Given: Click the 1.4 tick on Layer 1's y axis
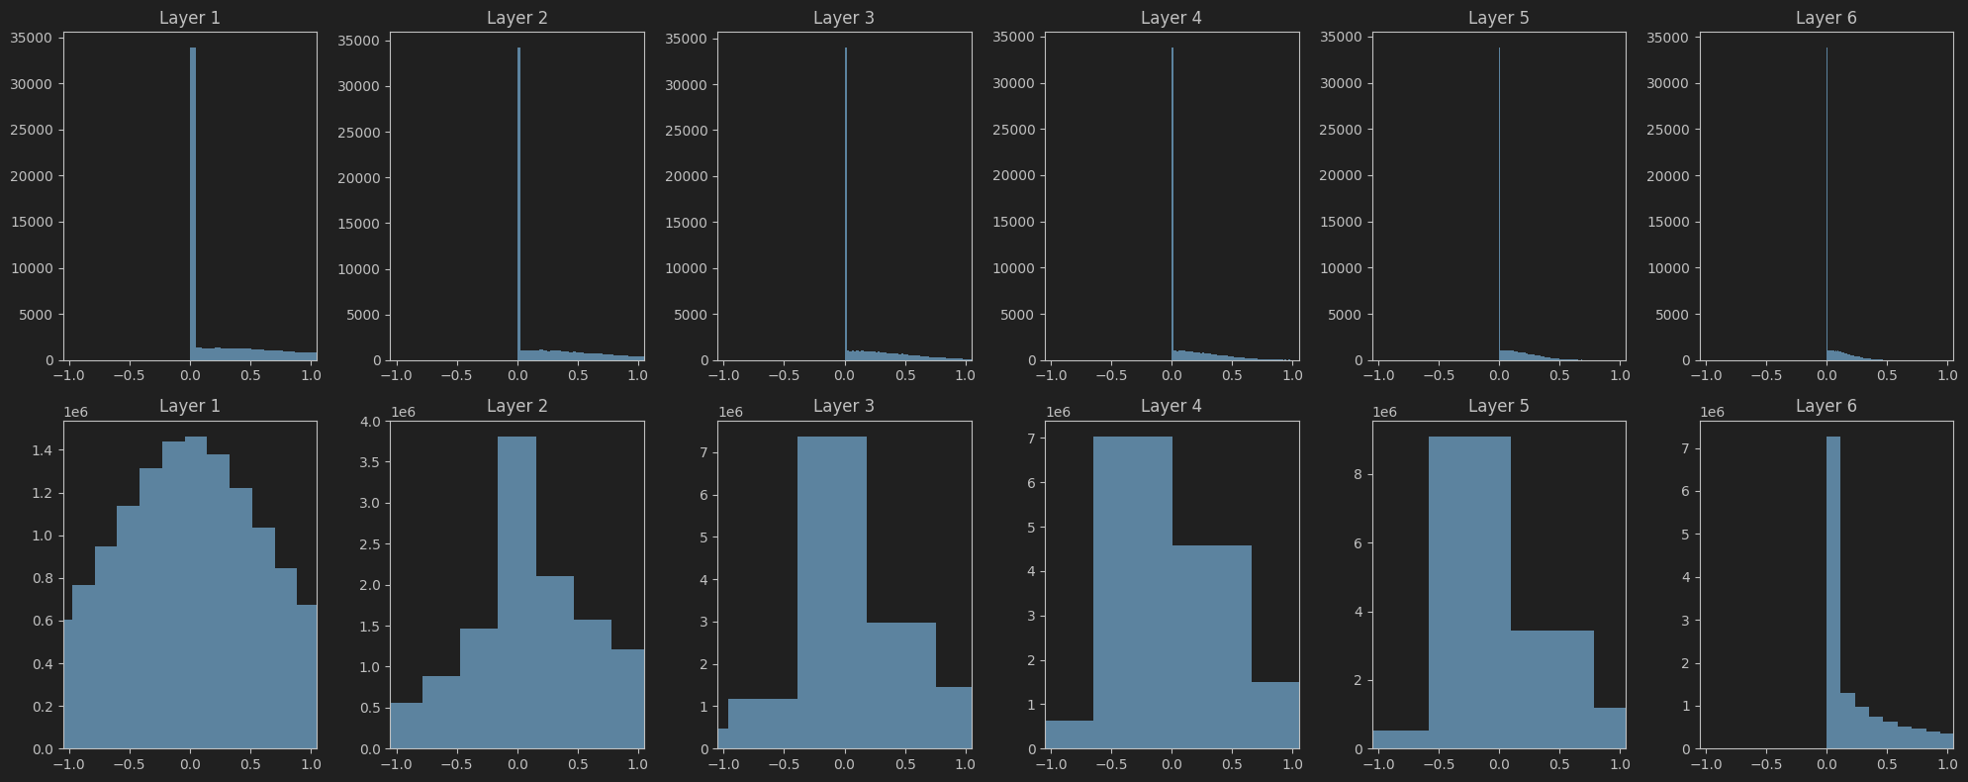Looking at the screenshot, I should [x=43, y=450].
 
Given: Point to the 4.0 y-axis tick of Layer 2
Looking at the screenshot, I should [x=370, y=422].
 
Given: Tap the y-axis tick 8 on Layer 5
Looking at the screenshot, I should [x=1358, y=474].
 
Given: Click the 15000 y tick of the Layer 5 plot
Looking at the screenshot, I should [x=1342, y=222].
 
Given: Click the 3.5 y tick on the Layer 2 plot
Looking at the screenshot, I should [x=370, y=462].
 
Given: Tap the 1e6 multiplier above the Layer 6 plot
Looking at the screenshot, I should [x=1712, y=413].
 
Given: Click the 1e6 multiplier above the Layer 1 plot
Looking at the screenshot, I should [x=75, y=413].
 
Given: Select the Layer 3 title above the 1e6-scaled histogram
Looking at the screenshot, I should [x=843, y=406].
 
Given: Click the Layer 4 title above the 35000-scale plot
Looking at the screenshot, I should [x=1171, y=18].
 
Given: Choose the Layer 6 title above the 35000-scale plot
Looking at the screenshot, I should [x=1826, y=18].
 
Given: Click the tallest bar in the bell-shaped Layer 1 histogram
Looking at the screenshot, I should [x=196, y=594].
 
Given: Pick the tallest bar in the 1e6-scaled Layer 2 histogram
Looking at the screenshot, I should [x=516, y=594].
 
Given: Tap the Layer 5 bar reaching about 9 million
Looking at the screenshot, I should [x=1469, y=594].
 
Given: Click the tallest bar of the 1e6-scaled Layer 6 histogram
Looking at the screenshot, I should [x=1832, y=594].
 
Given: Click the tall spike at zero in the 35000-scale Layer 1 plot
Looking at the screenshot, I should [x=193, y=198].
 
